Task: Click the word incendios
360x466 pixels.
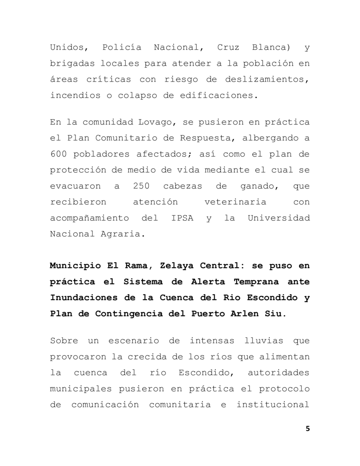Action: (75, 96)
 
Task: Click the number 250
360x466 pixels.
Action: (141, 186)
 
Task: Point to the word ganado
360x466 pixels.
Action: (258, 186)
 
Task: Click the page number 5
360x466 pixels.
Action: (308, 428)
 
